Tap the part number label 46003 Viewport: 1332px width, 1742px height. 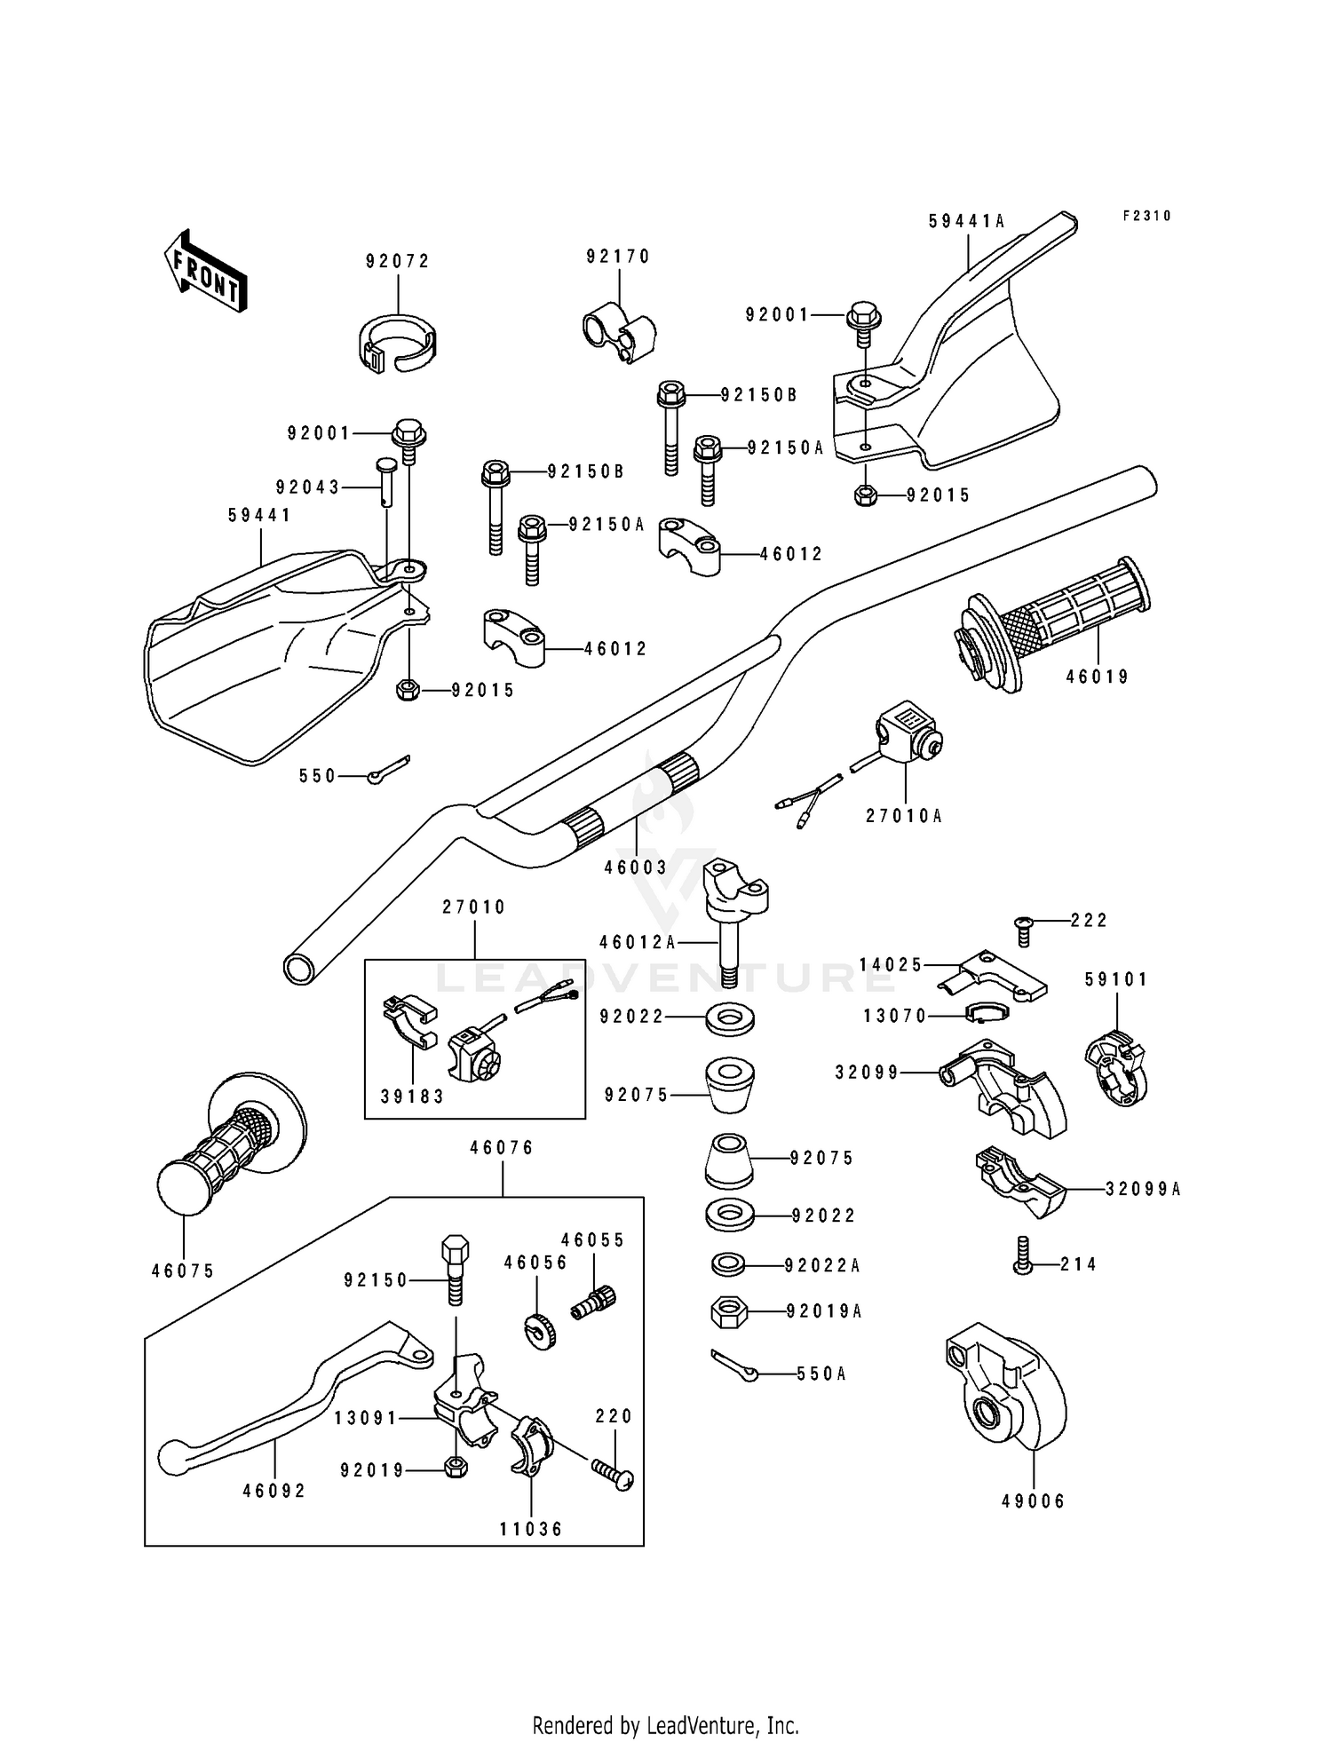[636, 867]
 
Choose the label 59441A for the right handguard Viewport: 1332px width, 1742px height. [967, 221]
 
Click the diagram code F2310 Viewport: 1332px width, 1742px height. [1146, 216]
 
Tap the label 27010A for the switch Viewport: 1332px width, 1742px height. [904, 815]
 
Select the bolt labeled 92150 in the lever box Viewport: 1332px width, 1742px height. [453, 1269]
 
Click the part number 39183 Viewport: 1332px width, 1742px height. [412, 1097]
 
